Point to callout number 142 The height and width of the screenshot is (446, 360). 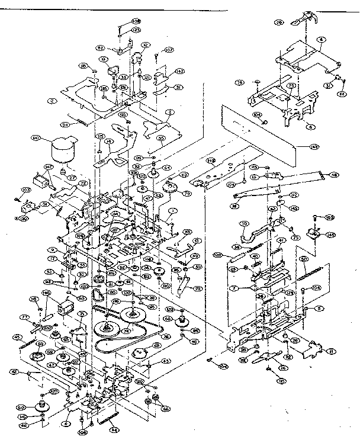[x=163, y=71]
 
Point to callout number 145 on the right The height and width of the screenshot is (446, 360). [x=330, y=235]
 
